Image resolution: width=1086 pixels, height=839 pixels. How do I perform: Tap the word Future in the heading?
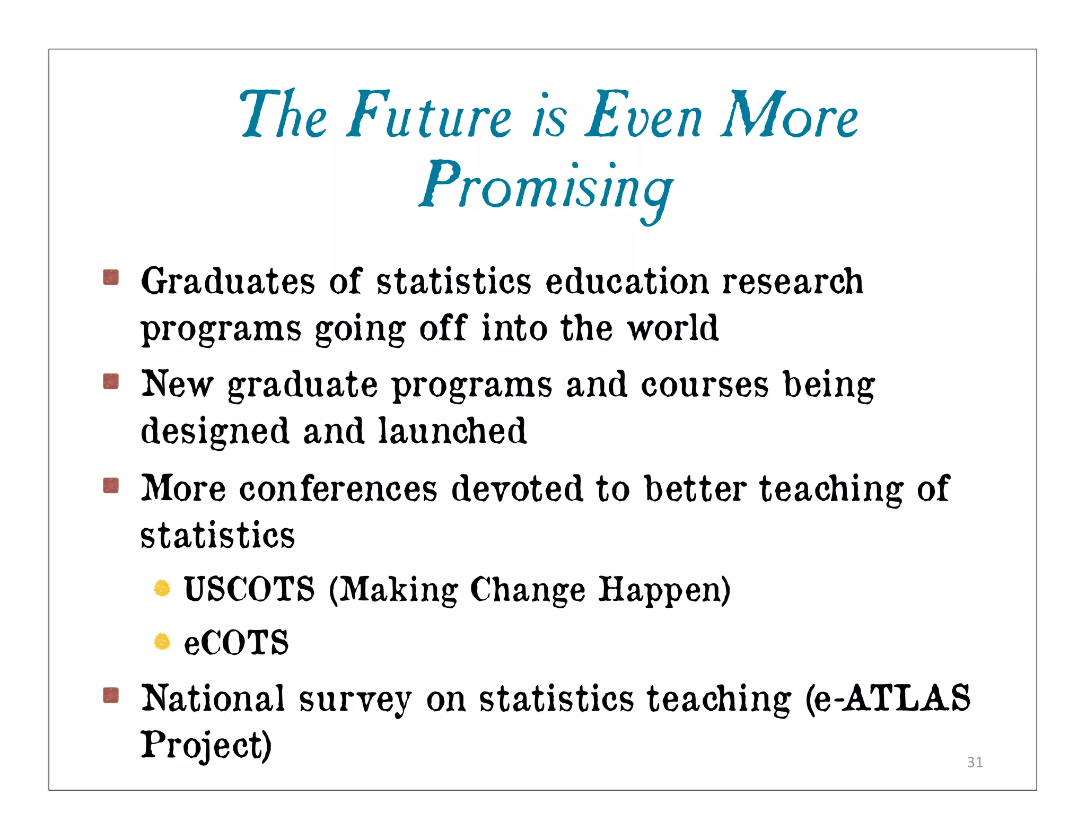[x=430, y=115]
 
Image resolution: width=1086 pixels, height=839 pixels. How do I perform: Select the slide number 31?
[x=975, y=762]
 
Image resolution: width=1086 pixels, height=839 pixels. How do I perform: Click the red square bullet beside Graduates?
[x=111, y=277]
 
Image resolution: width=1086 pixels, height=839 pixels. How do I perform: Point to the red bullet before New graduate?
[x=111, y=381]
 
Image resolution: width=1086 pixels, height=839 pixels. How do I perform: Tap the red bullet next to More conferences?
[x=111, y=485]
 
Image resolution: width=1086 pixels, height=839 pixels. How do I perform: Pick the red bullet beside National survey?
[x=111, y=695]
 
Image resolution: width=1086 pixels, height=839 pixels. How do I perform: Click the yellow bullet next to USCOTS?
[x=162, y=588]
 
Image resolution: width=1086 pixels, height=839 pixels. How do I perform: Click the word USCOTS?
[x=249, y=590]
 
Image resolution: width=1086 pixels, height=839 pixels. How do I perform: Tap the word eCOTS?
[x=236, y=643]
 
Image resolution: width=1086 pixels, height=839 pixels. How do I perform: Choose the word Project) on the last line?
[x=206, y=745]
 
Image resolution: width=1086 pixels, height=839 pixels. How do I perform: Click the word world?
[x=672, y=328]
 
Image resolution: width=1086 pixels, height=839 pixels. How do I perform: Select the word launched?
[x=452, y=431]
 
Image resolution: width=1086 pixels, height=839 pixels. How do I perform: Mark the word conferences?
[x=338, y=488]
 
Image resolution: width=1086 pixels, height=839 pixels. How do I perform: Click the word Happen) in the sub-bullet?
[x=664, y=590]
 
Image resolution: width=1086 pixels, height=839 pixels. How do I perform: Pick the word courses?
[x=704, y=384]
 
